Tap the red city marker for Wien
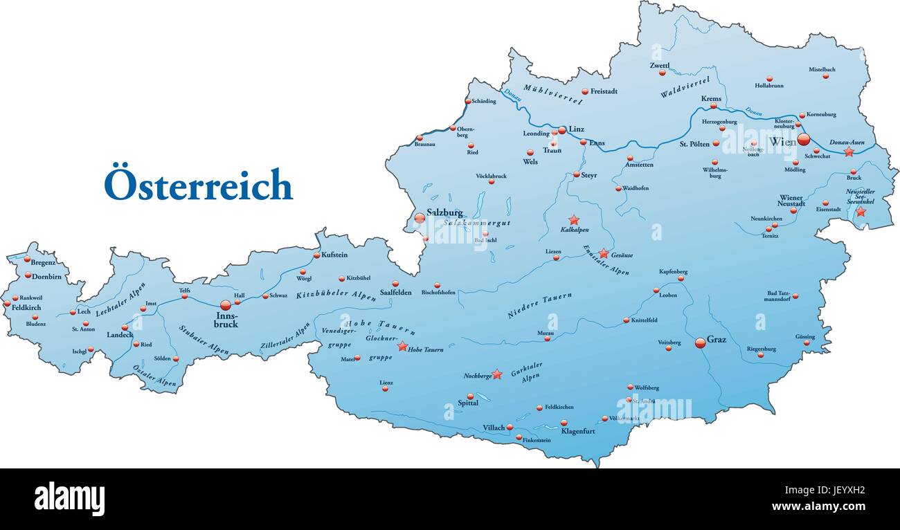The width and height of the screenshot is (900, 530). (x=803, y=140)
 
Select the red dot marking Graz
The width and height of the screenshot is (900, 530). (x=700, y=341)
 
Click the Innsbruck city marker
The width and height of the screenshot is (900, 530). (x=225, y=304)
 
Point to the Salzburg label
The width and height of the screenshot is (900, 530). (x=444, y=212)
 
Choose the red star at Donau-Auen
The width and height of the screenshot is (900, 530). (x=849, y=152)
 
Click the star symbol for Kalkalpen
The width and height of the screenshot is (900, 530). (x=574, y=219)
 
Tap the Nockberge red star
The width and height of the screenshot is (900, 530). (x=496, y=374)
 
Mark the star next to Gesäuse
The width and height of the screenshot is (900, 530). (x=604, y=254)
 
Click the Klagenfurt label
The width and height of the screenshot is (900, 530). (x=578, y=431)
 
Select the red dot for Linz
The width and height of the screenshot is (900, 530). (x=562, y=129)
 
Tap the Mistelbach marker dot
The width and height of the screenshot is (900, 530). (x=825, y=76)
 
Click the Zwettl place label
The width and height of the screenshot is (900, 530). (x=660, y=66)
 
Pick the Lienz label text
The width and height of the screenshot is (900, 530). (x=386, y=382)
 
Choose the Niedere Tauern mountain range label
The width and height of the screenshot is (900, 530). (x=540, y=306)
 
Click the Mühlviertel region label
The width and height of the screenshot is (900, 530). (x=552, y=94)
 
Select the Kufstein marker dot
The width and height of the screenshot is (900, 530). (x=316, y=255)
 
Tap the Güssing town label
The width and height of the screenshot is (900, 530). (x=805, y=336)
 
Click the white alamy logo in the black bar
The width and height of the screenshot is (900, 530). (x=69, y=499)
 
